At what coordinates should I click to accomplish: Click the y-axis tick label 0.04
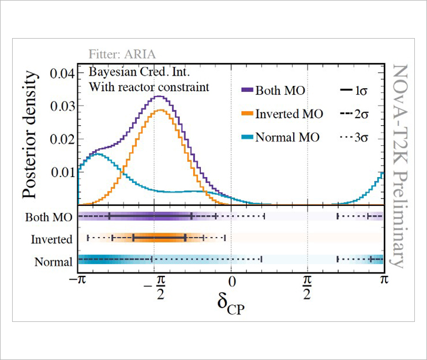point(63,74)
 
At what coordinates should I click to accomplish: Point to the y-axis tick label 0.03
point(63,106)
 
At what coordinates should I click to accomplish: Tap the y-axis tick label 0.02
point(63,139)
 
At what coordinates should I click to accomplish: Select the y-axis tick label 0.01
point(63,172)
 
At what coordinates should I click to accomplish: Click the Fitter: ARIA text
point(122,55)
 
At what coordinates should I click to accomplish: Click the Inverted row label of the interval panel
point(53,239)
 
